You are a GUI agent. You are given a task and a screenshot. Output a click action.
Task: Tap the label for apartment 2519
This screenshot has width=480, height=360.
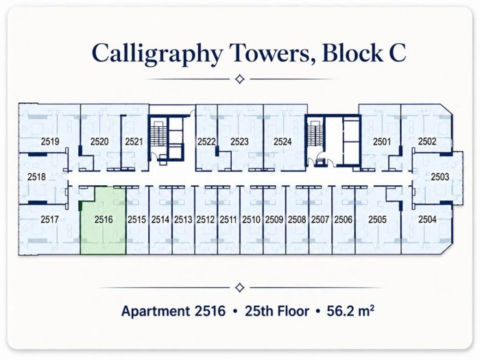tap(50, 141)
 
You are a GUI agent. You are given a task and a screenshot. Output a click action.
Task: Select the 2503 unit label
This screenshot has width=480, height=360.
tap(440, 177)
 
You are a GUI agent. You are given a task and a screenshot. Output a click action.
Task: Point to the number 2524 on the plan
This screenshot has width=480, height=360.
tap(283, 141)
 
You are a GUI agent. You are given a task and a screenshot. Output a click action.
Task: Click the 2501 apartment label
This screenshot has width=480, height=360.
tap(382, 141)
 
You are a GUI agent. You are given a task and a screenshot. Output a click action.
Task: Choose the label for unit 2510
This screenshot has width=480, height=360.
tap(251, 219)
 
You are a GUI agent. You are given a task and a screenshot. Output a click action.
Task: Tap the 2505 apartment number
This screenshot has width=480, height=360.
tap(377, 219)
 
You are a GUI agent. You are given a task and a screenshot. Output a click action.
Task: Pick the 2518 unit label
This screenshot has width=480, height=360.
tap(36, 177)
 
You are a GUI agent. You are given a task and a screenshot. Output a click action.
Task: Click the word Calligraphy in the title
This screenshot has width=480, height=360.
tap(157, 53)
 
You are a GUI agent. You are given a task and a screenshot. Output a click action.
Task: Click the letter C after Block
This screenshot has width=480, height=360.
tap(397, 53)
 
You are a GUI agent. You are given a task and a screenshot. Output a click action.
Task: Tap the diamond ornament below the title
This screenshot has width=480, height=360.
tap(240, 80)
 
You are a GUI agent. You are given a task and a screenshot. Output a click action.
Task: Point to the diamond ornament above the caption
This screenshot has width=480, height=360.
tap(240, 288)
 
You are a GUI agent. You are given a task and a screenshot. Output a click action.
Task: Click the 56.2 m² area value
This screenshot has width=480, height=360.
tap(350, 311)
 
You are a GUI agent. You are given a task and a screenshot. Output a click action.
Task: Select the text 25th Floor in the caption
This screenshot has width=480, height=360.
tap(277, 311)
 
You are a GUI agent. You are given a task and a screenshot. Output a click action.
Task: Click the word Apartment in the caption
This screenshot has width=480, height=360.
tap(156, 311)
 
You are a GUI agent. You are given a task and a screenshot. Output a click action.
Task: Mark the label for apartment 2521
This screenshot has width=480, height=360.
tap(134, 141)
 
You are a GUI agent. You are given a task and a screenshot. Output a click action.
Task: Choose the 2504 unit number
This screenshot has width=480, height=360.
tap(427, 219)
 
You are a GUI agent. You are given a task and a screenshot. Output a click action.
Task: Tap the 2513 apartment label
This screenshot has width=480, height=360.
tap(183, 219)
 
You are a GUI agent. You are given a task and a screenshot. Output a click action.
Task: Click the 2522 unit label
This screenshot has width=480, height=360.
tap(206, 141)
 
